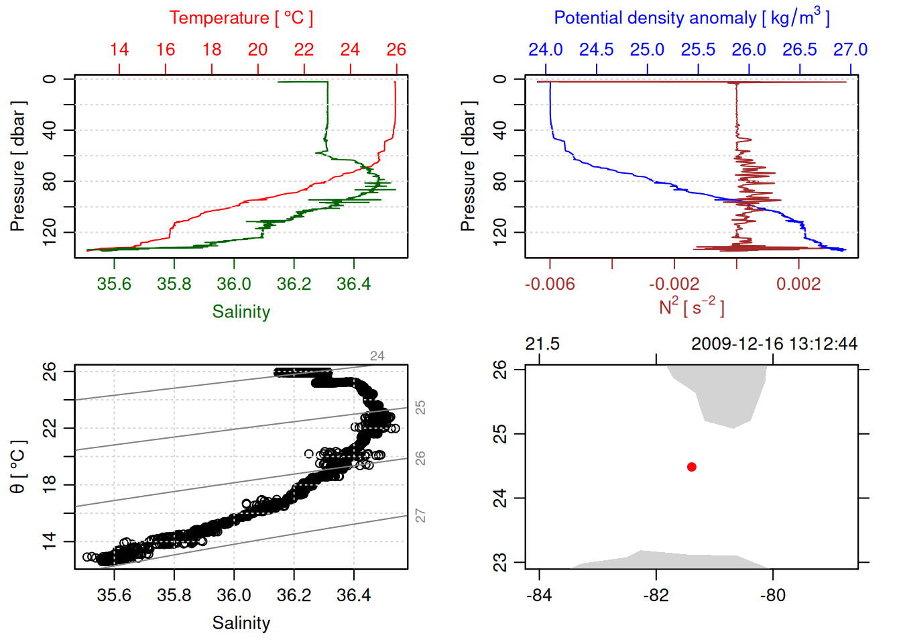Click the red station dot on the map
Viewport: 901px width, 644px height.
pos(691,467)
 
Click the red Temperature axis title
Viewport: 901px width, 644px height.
pos(241,18)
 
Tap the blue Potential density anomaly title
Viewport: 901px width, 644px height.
pos(691,18)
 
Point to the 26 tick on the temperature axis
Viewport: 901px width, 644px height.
pos(396,50)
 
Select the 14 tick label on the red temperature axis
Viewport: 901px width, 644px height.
pos(119,50)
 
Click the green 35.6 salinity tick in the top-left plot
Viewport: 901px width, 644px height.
pos(114,284)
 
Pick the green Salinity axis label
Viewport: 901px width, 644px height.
pos(241,312)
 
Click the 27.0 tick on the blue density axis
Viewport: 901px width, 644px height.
pos(850,50)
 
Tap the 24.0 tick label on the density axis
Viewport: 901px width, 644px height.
pos(545,50)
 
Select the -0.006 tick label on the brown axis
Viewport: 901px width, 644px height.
pos(550,284)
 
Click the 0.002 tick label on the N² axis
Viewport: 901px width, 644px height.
pos(798,284)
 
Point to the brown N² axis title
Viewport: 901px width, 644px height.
pos(691,307)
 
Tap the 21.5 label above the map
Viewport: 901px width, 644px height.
pos(542,344)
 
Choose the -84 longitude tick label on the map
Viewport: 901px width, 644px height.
pos(539,595)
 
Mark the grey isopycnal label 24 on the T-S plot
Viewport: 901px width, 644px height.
pos(377,356)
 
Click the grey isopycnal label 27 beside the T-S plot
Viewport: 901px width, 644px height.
pos(420,515)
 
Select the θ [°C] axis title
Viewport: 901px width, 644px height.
pos(18,467)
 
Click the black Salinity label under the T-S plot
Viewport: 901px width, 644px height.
pos(241,623)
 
